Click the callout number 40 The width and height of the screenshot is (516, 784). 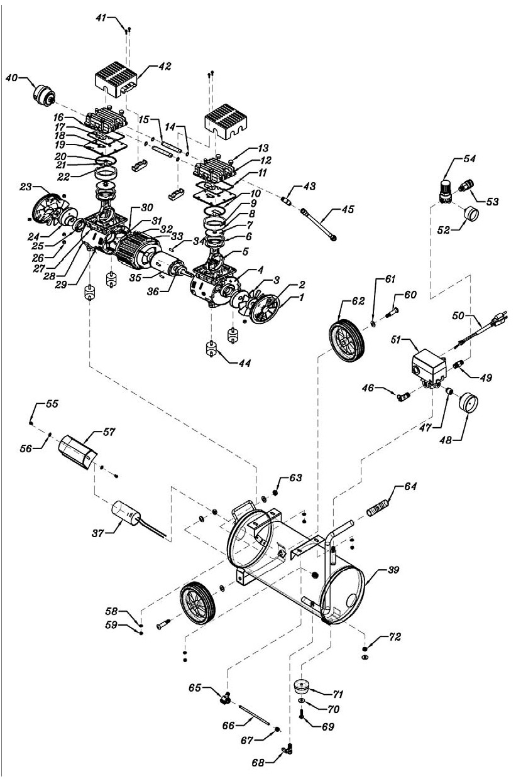tap(12, 77)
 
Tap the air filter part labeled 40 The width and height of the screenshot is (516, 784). tap(45, 95)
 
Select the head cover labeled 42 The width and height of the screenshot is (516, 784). tap(116, 79)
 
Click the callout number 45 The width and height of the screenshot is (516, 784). tap(348, 209)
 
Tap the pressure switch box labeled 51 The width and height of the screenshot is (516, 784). tap(429, 367)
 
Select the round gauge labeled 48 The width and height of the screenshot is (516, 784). tap(468, 403)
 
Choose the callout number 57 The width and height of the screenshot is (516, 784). tap(109, 432)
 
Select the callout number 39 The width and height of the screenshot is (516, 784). tap(393, 569)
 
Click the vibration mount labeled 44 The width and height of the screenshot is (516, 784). tap(211, 348)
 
